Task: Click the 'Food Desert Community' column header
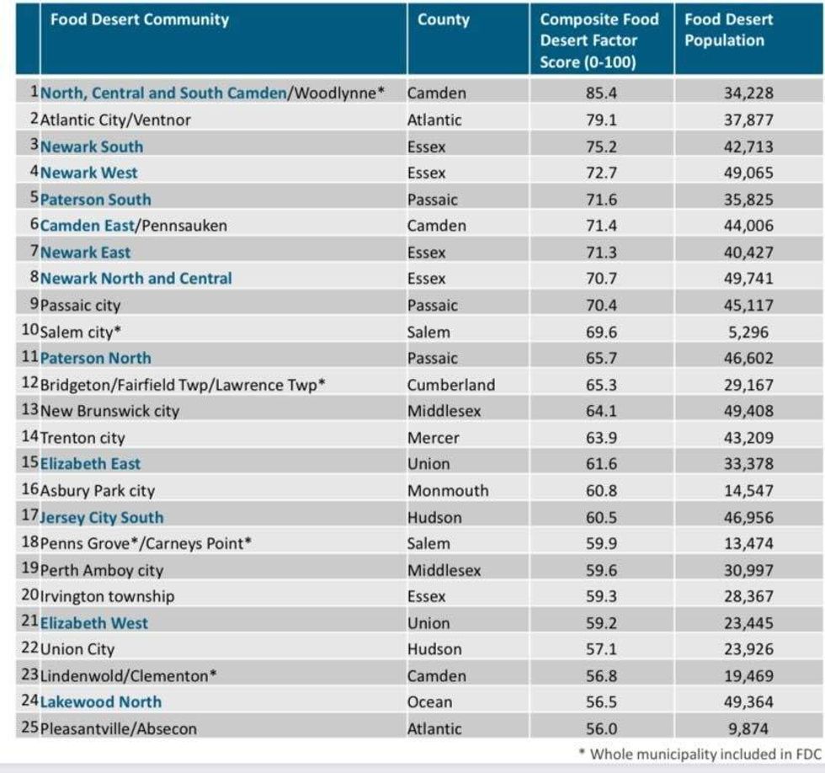(x=139, y=19)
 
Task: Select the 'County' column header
(x=443, y=19)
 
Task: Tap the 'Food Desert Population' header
(x=724, y=30)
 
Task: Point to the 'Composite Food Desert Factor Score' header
(x=600, y=40)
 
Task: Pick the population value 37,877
(x=748, y=120)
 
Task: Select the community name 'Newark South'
(x=92, y=147)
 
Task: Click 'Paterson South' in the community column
(x=95, y=200)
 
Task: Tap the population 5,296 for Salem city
(x=748, y=332)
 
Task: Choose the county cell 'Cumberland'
(x=451, y=385)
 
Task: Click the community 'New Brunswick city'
(x=109, y=412)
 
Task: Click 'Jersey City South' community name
(x=102, y=517)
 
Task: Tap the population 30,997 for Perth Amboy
(x=748, y=570)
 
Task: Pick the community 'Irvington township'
(x=107, y=596)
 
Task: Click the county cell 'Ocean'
(x=429, y=701)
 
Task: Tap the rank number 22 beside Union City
(x=29, y=649)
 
